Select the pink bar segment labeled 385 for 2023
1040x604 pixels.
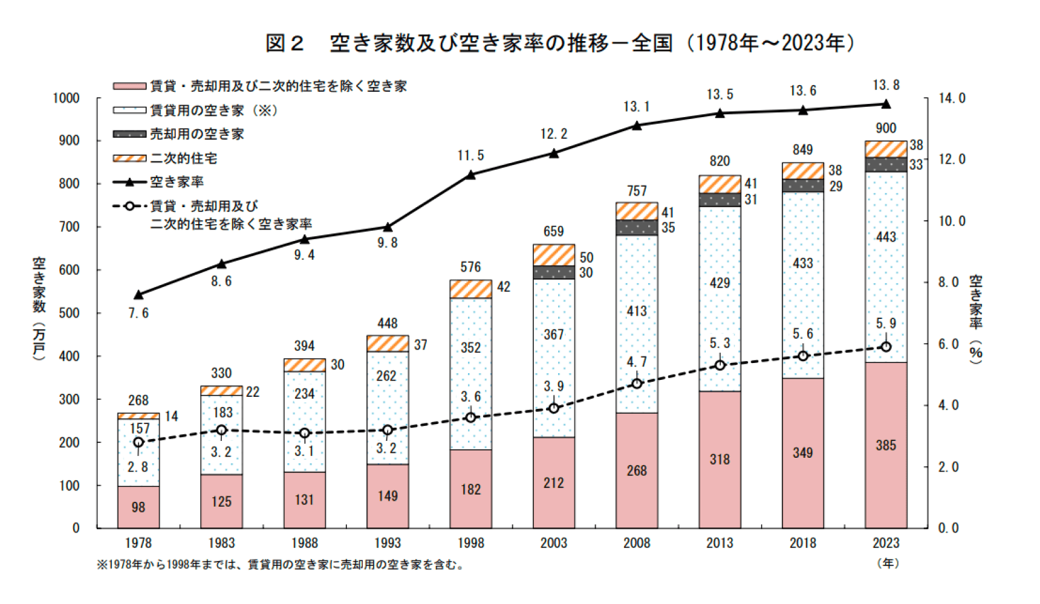tap(886, 445)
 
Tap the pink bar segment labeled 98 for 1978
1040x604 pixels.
tap(138, 507)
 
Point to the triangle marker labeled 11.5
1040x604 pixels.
tap(471, 175)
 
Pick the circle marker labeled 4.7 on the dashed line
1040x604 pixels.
tap(637, 384)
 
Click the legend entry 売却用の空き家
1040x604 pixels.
tap(197, 134)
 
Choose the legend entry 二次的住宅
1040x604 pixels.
tap(183, 158)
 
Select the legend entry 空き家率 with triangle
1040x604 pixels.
tap(177, 182)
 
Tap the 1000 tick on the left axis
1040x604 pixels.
tap(67, 98)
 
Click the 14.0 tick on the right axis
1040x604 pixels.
tap(952, 98)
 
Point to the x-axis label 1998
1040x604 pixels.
tap(470, 543)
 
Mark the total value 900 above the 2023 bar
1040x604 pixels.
tap(886, 128)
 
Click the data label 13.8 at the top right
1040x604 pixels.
tap(886, 85)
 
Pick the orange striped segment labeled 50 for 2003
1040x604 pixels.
tap(554, 255)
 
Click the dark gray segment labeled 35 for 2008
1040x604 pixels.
tap(637, 227)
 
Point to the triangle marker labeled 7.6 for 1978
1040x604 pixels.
tap(138, 295)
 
